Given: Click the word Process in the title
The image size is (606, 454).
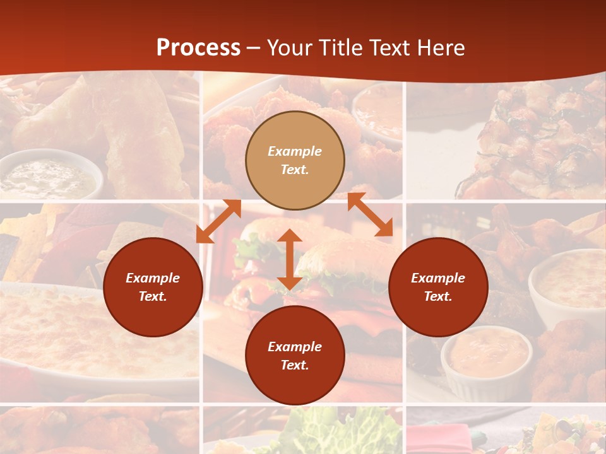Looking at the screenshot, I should tap(198, 48).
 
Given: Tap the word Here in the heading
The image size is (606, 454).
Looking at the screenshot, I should tap(440, 48).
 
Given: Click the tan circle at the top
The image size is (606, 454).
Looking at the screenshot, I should tap(295, 160).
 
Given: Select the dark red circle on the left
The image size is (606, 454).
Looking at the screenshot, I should tap(153, 287).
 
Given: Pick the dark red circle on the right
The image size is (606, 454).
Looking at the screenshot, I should tap(438, 287).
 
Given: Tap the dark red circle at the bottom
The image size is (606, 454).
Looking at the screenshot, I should tap(295, 356).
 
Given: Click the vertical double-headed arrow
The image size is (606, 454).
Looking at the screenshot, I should tap(290, 259).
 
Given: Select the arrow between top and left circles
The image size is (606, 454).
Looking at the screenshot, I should tap(219, 221).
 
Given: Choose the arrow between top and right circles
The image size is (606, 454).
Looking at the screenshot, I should tap(370, 215).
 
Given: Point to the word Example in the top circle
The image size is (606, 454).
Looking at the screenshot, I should tap(295, 151).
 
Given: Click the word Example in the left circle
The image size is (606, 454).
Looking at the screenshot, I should tap(153, 278).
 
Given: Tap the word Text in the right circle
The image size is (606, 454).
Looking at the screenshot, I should tap(438, 296).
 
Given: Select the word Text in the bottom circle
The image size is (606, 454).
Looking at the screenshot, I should tap(295, 365).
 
